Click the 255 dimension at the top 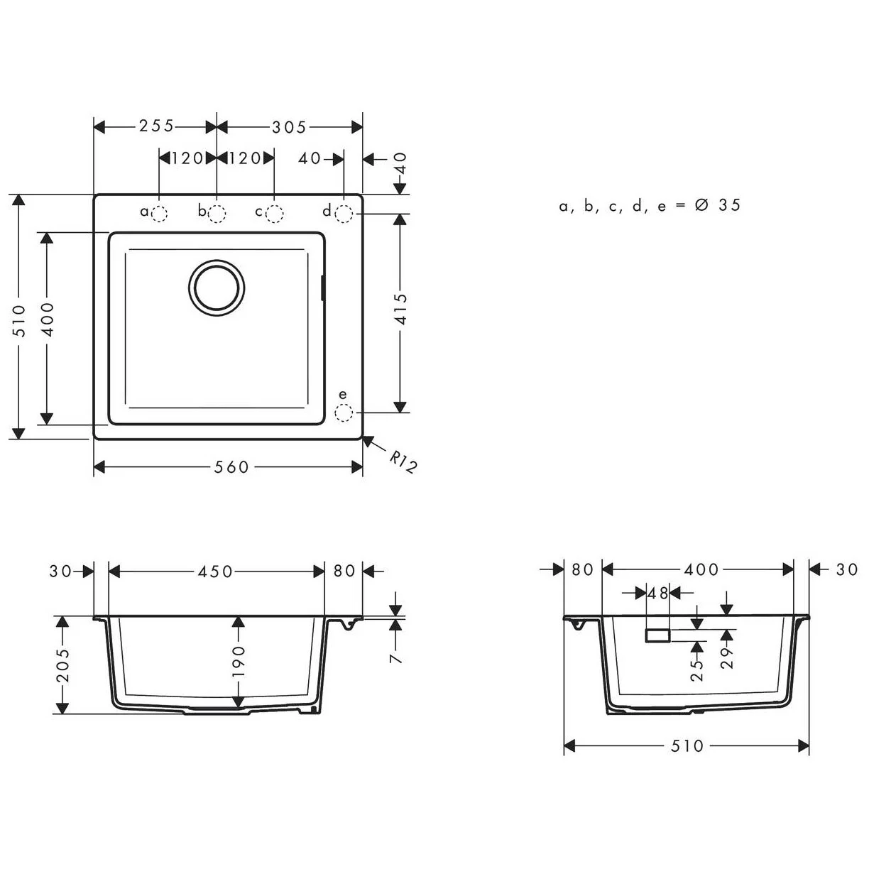[156, 126]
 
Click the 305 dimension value [289, 127]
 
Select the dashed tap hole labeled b [217, 213]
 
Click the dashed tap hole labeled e [344, 412]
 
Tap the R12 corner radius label [403, 461]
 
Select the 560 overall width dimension [231, 466]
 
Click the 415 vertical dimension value [401, 309]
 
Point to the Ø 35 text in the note [718, 206]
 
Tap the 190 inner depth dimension [239, 660]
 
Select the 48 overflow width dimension [658, 593]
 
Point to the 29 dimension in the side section [727, 657]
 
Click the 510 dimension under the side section [687, 746]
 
